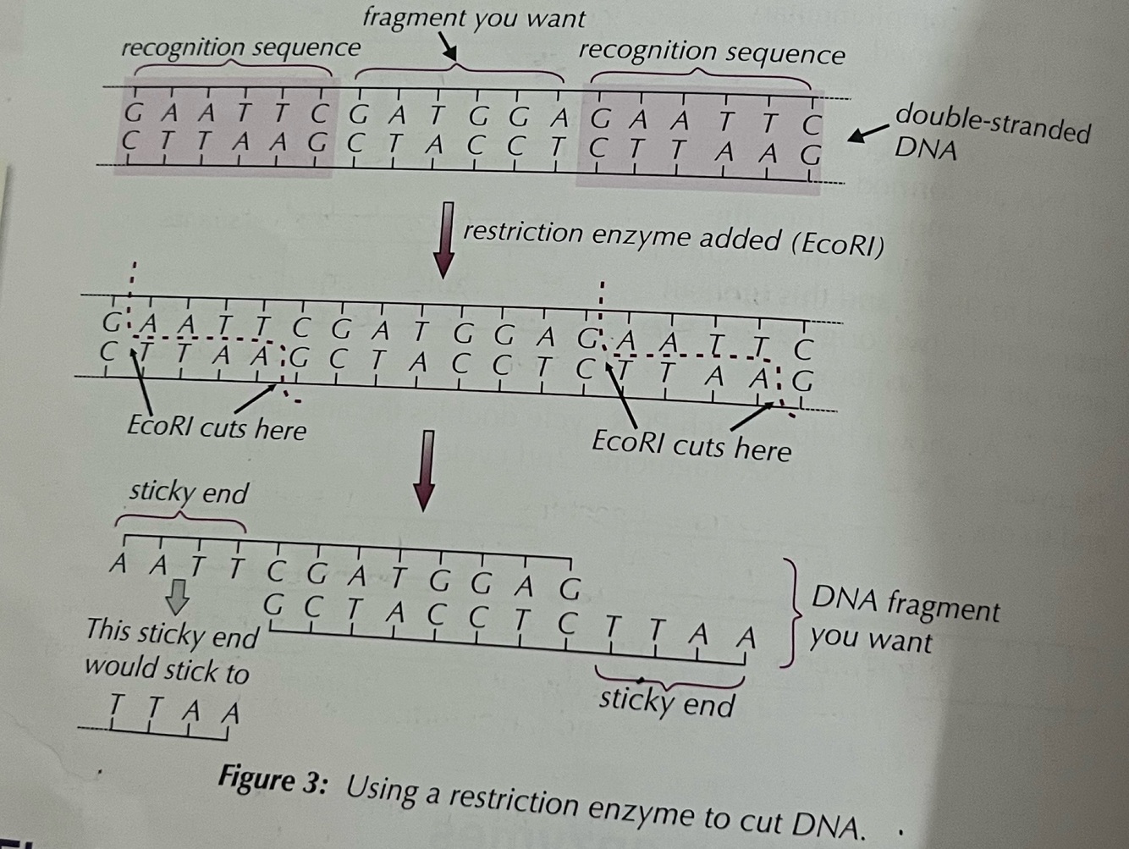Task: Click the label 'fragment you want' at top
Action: [473, 18]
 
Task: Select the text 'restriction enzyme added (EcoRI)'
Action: [673, 238]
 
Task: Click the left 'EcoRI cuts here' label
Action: [217, 428]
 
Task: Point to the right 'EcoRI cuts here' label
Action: [691, 444]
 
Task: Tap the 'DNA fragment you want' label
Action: [904, 623]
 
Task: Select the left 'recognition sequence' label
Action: [240, 48]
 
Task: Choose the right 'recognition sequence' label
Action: [711, 53]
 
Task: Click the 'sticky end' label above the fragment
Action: [189, 493]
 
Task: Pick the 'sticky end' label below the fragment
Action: [667, 703]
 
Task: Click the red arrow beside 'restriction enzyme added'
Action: [444, 240]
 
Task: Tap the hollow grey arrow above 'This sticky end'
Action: [177, 597]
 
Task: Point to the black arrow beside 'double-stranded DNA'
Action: [867, 134]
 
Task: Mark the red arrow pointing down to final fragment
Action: [426, 470]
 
